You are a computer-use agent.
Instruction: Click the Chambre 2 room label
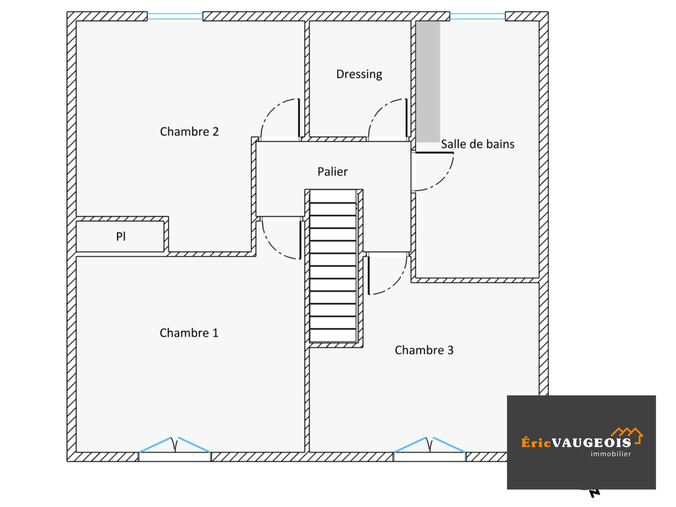click(189, 132)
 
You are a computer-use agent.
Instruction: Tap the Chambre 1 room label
click(189, 333)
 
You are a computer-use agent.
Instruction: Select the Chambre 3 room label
click(424, 351)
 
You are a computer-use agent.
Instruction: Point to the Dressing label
click(359, 74)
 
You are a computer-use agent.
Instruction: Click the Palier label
click(333, 172)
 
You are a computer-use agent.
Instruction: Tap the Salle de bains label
click(477, 144)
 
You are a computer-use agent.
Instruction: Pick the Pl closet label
click(121, 236)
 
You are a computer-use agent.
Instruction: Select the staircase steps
click(333, 266)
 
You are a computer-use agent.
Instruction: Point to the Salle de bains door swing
click(433, 171)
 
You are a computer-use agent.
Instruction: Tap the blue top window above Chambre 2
click(174, 16)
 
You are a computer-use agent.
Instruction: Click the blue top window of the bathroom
click(477, 16)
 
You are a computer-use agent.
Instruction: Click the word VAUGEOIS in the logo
click(591, 443)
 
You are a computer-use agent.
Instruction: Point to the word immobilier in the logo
click(611, 454)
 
